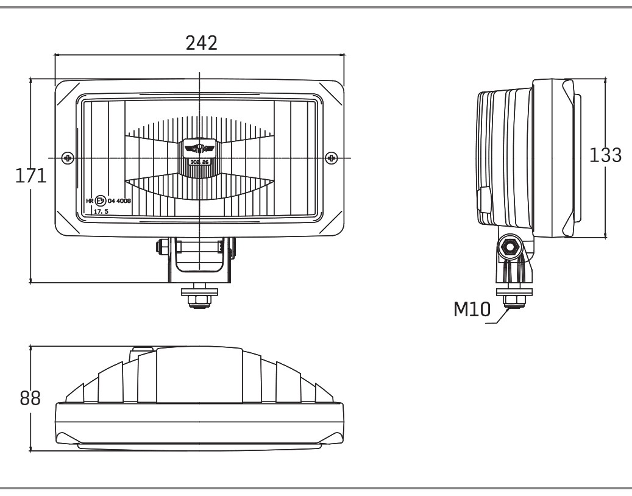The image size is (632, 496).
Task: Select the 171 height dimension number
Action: tap(30, 177)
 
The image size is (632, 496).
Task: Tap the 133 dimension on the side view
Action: tap(606, 155)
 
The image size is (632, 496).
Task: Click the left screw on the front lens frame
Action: tap(68, 158)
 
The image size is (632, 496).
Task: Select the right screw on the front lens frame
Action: tap(332, 158)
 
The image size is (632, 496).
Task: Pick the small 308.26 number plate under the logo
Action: tap(199, 162)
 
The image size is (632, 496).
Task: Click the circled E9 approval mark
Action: tap(101, 200)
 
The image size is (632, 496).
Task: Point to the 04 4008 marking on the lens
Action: tap(119, 200)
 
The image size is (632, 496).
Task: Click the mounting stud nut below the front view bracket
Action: tap(199, 298)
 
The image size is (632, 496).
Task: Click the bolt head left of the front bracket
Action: tap(162, 247)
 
